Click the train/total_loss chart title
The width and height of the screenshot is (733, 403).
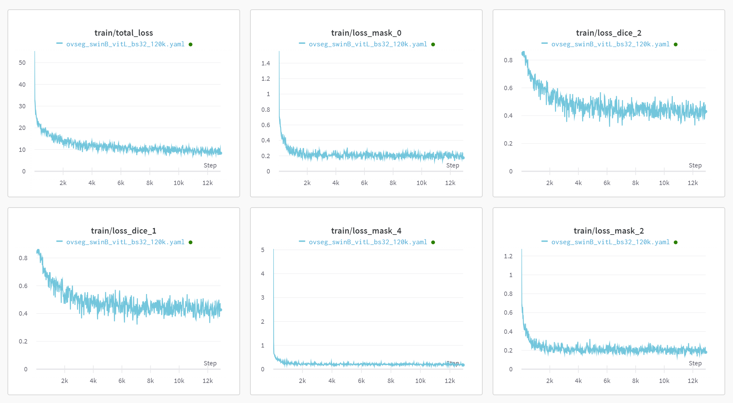point(123,33)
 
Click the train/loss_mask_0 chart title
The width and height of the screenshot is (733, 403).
point(366,33)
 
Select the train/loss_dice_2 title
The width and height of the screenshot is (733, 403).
point(609,33)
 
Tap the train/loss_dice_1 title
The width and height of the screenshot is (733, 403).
point(123,231)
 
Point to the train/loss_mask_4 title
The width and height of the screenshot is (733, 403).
point(366,231)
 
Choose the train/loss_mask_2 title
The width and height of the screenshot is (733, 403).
point(609,231)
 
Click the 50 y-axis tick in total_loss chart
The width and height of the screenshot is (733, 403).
point(22,63)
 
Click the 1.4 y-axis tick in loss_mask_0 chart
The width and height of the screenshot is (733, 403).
point(265,63)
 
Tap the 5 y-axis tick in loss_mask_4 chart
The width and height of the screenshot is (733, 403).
point(263,250)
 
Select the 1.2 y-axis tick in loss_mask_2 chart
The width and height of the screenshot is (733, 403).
point(508,256)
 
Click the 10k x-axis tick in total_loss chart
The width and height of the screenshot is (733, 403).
point(179,183)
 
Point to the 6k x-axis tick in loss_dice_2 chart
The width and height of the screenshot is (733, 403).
point(607,183)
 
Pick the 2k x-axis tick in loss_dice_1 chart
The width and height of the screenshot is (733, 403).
point(65,381)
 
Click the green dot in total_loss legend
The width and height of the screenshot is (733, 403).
point(191,44)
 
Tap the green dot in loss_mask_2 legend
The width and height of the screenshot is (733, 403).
point(676,242)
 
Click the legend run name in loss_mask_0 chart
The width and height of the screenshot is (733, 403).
point(368,44)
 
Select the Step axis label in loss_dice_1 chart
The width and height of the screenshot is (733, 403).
point(210,363)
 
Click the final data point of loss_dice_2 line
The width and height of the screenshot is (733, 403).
point(706,111)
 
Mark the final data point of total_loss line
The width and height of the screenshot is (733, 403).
point(221,153)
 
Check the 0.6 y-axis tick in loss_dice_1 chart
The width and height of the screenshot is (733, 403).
point(23,286)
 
